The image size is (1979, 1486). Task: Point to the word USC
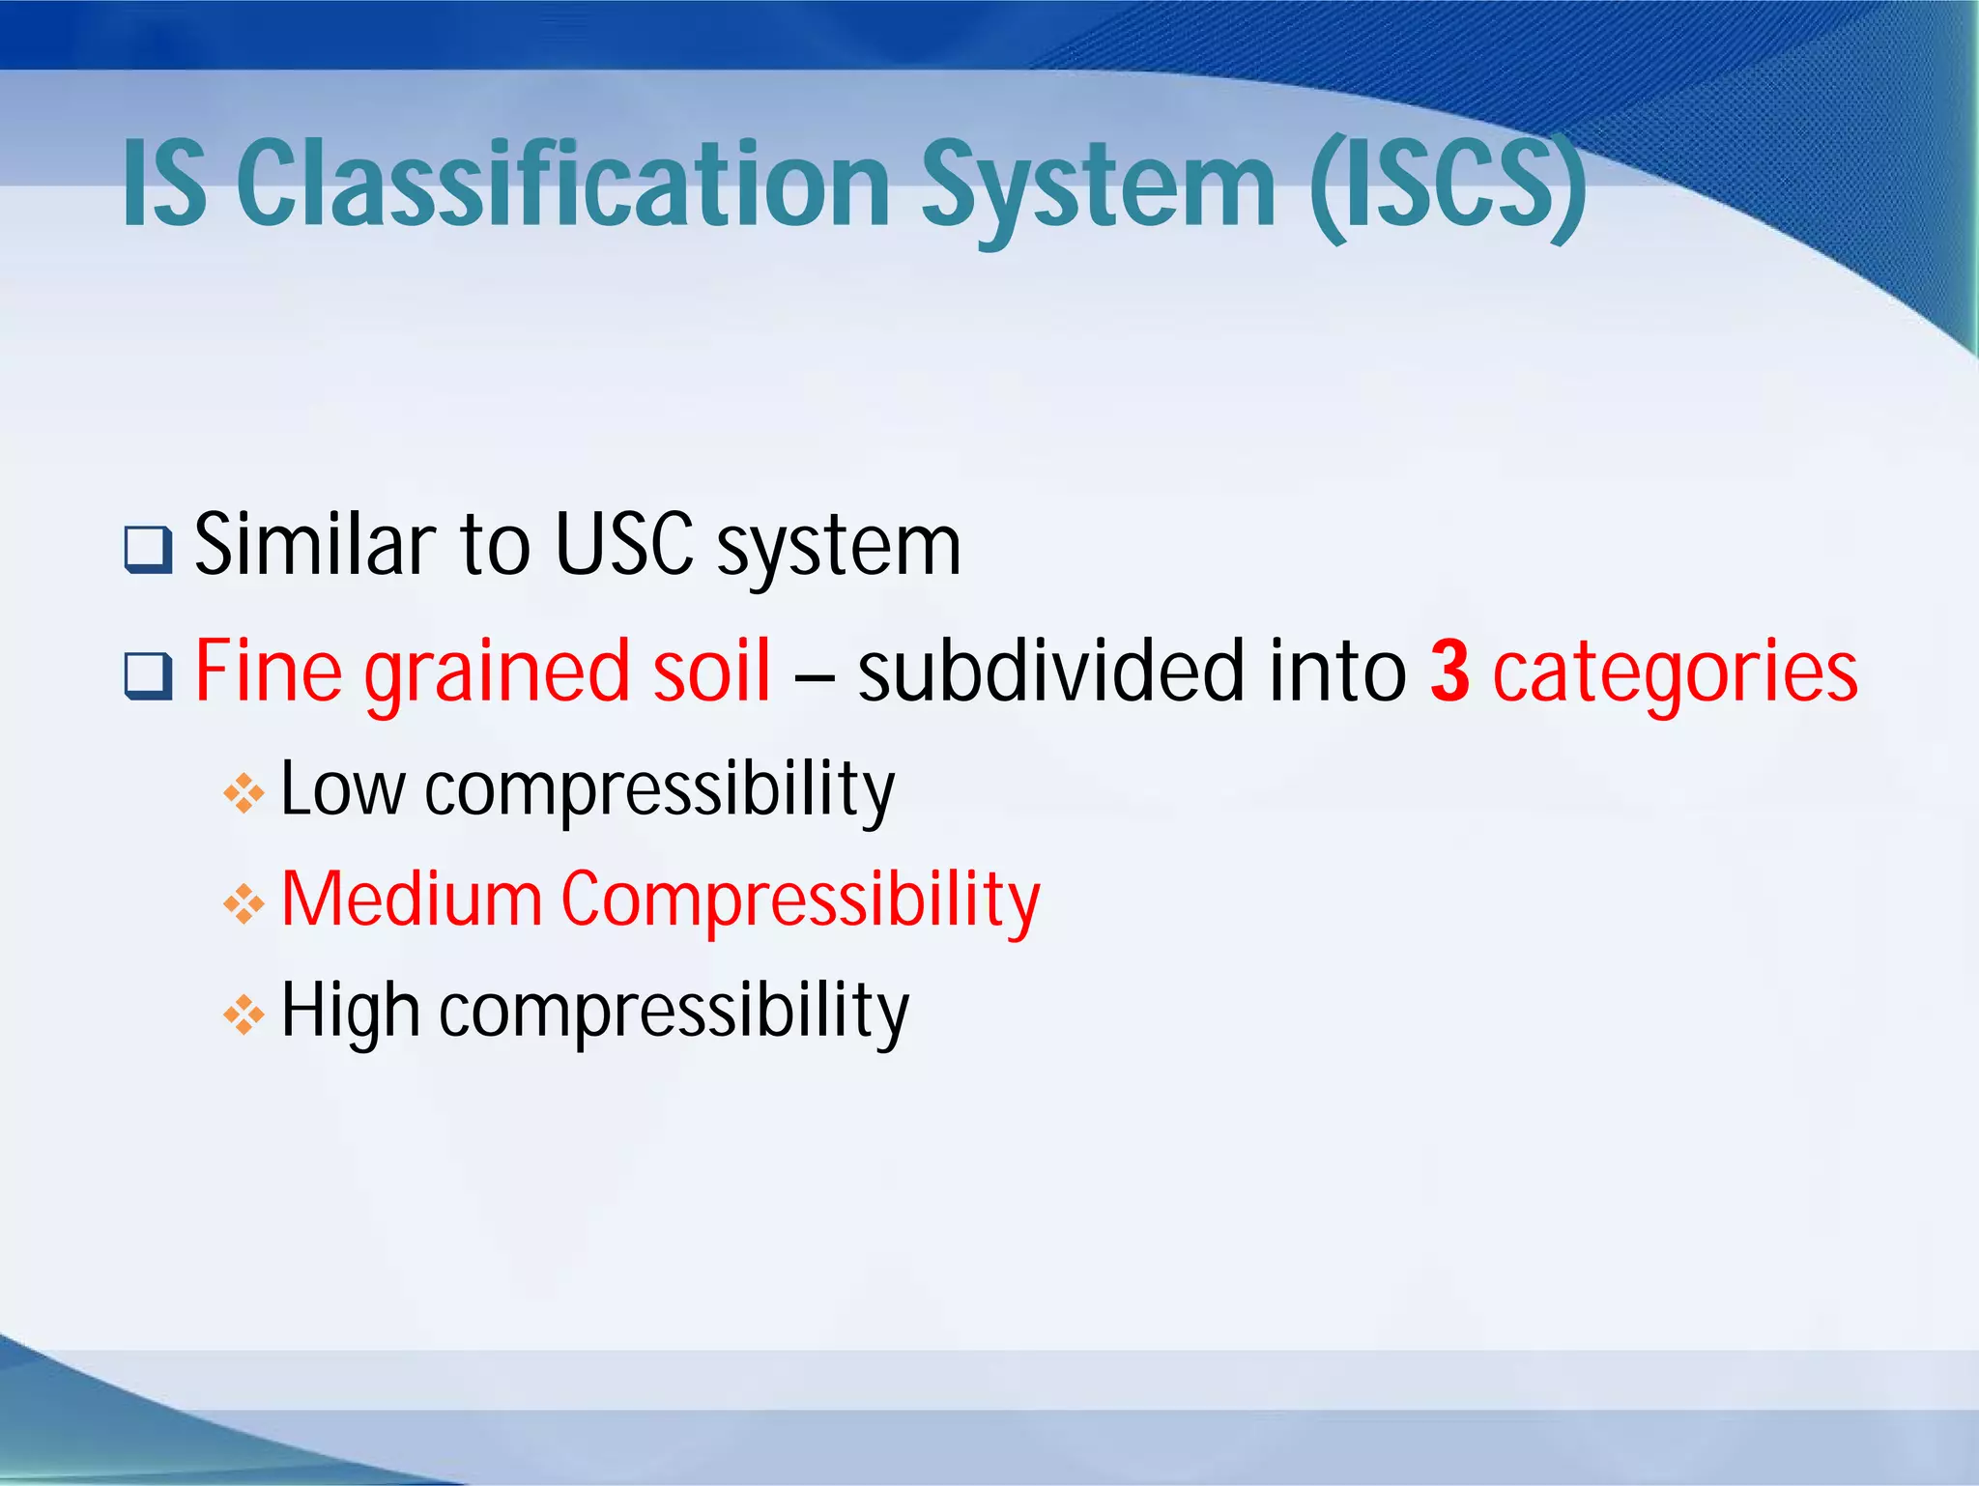click(623, 544)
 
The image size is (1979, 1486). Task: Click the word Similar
click(314, 544)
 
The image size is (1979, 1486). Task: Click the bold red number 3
click(1449, 670)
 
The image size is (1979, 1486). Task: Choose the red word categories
click(1675, 673)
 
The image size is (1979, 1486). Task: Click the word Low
click(341, 788)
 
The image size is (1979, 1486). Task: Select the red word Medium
click(411, 899)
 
